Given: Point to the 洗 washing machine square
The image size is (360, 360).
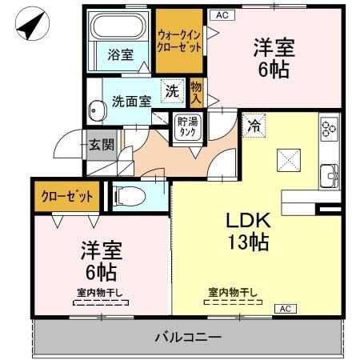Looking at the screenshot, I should (x=172, y=91).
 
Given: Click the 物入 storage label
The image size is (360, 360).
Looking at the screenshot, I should (x=196, y=92).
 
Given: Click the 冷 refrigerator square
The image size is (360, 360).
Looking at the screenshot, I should (x=254, y=125).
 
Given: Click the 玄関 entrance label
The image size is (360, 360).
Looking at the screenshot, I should (x=102, y=145).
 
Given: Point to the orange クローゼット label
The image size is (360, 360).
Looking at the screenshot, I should (x=67, y=196).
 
